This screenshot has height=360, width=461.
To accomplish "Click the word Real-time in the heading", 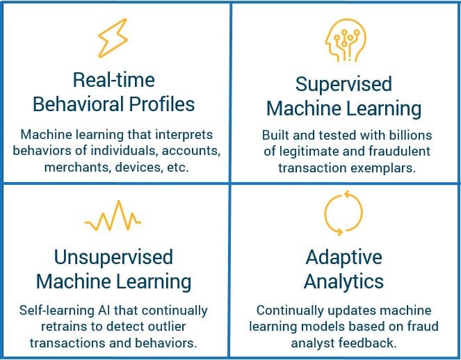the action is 114,80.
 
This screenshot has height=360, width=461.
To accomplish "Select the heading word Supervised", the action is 343,85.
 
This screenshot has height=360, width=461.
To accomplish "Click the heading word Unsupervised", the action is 113,258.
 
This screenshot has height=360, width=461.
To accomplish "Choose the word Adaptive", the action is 343,258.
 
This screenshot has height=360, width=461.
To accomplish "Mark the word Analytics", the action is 343,282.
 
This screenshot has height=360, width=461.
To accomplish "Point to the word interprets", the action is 184,136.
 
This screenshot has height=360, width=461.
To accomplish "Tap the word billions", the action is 411,136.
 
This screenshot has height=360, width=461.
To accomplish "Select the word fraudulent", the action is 399,152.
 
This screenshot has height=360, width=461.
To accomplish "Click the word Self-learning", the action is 56,311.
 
